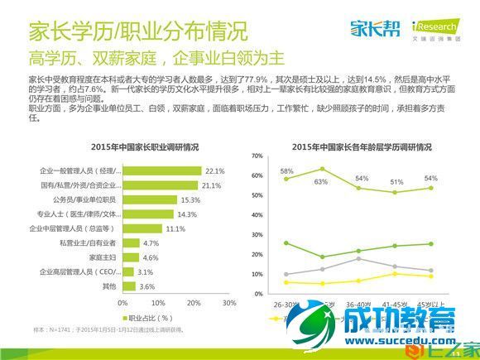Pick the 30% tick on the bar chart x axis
pyautogui.click(x=224, y=302)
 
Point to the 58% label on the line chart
pyautogui.click(x=287, y=171)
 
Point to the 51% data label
pyautogui.click(x=397, y=182)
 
